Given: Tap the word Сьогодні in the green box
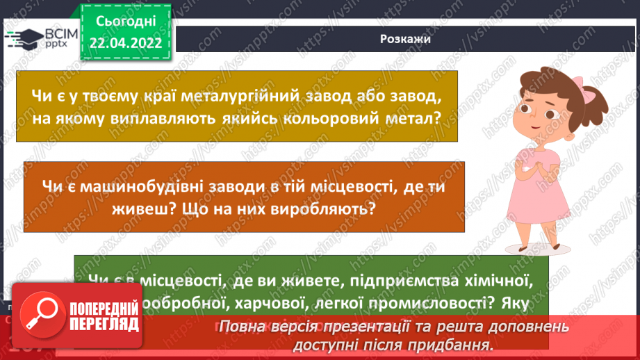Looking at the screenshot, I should (126, 22).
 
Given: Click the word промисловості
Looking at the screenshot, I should (411, 303).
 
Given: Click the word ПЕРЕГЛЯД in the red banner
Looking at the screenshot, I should (104, 323).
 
